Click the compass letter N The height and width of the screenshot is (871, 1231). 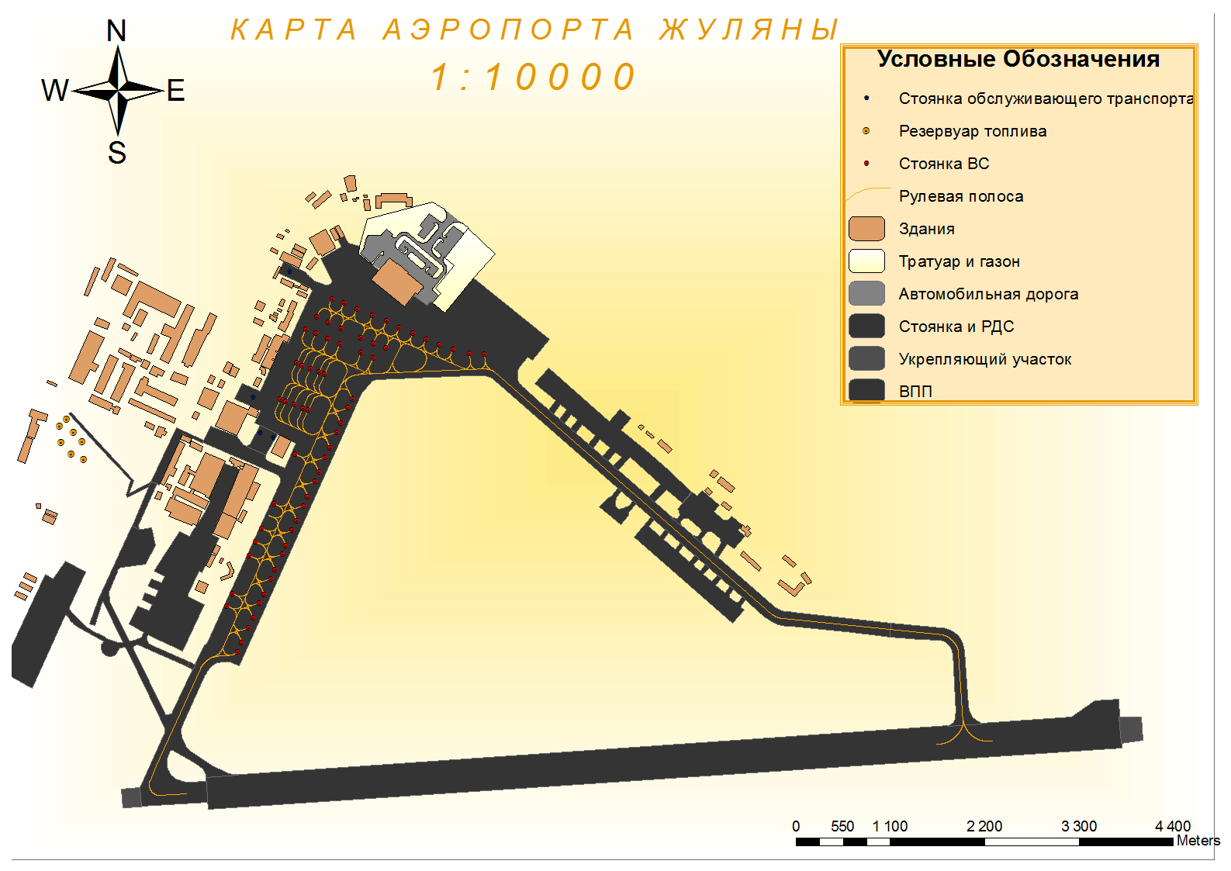click(x=116, y=31)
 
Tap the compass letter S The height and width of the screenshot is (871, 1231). click(x=117, y=153)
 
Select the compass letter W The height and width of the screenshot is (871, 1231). click(x=54, y=91)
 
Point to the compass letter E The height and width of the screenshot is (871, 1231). click(x=176, y=91)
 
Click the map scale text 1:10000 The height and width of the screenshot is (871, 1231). click(x=534, y=78)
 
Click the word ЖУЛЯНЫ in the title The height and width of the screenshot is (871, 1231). click(x=749, y=30)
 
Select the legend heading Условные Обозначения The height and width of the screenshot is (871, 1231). click(x=1018, y=59)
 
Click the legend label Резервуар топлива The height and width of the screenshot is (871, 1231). click(x=973, y=131)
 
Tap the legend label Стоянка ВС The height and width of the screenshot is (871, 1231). click(x=944, y=164)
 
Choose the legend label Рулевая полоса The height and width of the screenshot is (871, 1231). click(x=961, y=196)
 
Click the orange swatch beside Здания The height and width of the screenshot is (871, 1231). click(x=866, y=229)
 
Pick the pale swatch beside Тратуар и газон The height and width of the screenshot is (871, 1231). click(x=866, y=261)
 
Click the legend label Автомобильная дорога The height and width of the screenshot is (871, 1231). click(x=988, y=294)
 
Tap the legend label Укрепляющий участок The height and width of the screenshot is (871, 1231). click(x=985, y=359)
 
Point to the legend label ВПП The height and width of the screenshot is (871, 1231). click(x=915, y=391)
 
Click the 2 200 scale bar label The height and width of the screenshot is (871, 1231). click(x=984, y=826)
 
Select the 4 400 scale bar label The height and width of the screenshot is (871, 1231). click(x=1172, y=826)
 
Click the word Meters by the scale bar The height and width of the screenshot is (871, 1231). click(x=1198, y=840)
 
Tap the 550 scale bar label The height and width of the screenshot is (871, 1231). click(x=842, y=826)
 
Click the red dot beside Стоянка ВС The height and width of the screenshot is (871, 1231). click(x=866, y=164)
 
